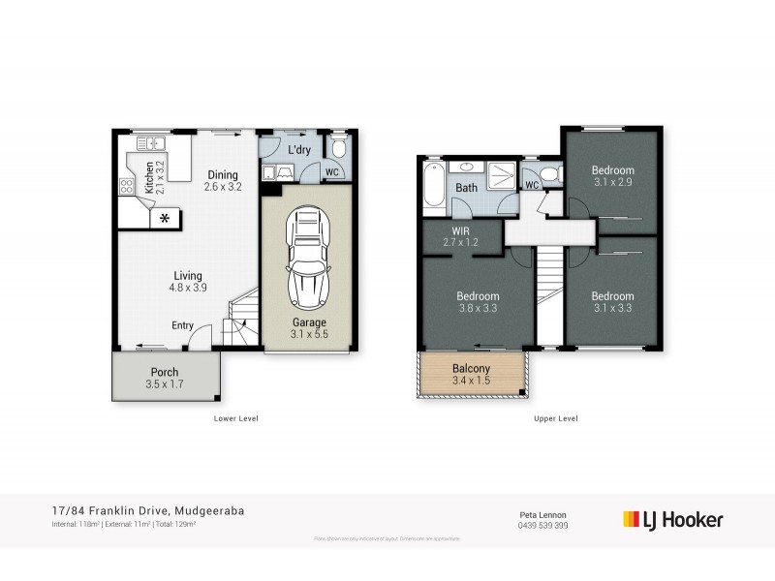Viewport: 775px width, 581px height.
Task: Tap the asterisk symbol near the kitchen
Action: click(x=165, y=218)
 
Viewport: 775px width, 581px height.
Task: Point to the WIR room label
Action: click(x=461, y=236)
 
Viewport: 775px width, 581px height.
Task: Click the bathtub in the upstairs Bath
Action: click(x=432, y=188)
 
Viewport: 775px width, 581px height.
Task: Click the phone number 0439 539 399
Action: click(x=542, y=525)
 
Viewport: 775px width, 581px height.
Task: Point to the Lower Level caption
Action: click(x=235, y=418)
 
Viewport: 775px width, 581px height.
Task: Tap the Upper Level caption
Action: click(x=555, y=418)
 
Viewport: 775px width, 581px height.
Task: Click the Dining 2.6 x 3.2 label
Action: click(x=222, y=181)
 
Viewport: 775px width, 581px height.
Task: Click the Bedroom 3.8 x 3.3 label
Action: click(x=478, y=302)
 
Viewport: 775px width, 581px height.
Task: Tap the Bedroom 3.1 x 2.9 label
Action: click(x=612, y=176)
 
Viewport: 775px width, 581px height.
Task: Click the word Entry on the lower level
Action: click(x=182, y=325)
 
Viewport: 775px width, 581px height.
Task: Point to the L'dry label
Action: click(x=299, y=150)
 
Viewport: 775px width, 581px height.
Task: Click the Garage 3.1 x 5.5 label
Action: click(x=309, y=328)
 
